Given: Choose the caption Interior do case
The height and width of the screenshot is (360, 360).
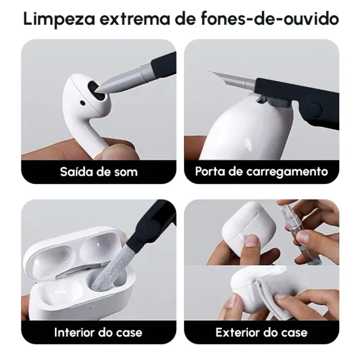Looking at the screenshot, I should coord(98,332).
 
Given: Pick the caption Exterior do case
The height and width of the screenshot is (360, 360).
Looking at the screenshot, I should coord(261,332).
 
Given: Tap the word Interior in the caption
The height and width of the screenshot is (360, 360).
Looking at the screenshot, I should coord(75,332).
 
